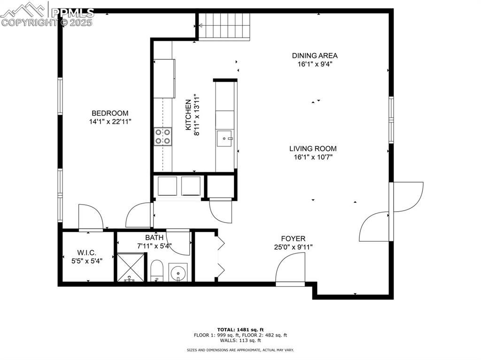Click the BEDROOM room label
pyautogui.click(x=110, y=113)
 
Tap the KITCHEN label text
pyautogui.click(x=188, y=115)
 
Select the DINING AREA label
pyautogui.click(x=315, y=55)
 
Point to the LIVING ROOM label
pyautogui.click(x=313, y=149)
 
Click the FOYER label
pyautogui.click(x=293, y=238)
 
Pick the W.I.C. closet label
pyautogui.click(x=86, y=253)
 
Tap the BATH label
pyautogui.click(x=154, y=237)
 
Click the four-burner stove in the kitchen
pyautogui.click(x=163, y=137)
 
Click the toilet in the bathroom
pyautogui.click(x=157, y=270)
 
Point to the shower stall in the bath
pyautogui.click(x=131, y=267)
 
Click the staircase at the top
pyautogui.click(x=224, y=27)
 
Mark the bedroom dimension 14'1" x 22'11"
pyautogui.click(x=110, y=122)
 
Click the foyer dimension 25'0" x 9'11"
pyautogui.click(x=293, y=247)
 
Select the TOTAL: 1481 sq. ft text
pyautogui.click(x=240, y=329)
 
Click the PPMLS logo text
pyautogui.click(x=72, y=13)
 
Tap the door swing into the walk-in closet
pyautogui.click(x=91, y=217)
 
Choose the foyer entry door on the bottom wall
pyautogui.click(x=290, y=270)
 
